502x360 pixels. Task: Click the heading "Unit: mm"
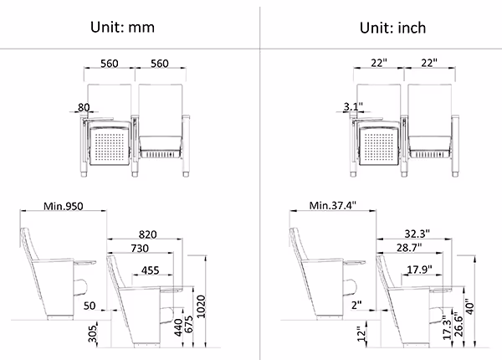coord(122,28)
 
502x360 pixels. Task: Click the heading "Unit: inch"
coord(393,28)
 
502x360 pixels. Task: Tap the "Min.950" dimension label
coord(64,206)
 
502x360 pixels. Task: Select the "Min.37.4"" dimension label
coord(333,205)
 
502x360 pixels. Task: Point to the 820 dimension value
coord(147,234)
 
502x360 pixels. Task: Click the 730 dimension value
coord(140,248)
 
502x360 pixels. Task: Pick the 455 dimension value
coord(150,270)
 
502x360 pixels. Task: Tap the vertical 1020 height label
coord(201,306)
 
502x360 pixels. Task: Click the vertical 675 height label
coord(189,324)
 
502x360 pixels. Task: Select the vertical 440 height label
coord(178,327)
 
